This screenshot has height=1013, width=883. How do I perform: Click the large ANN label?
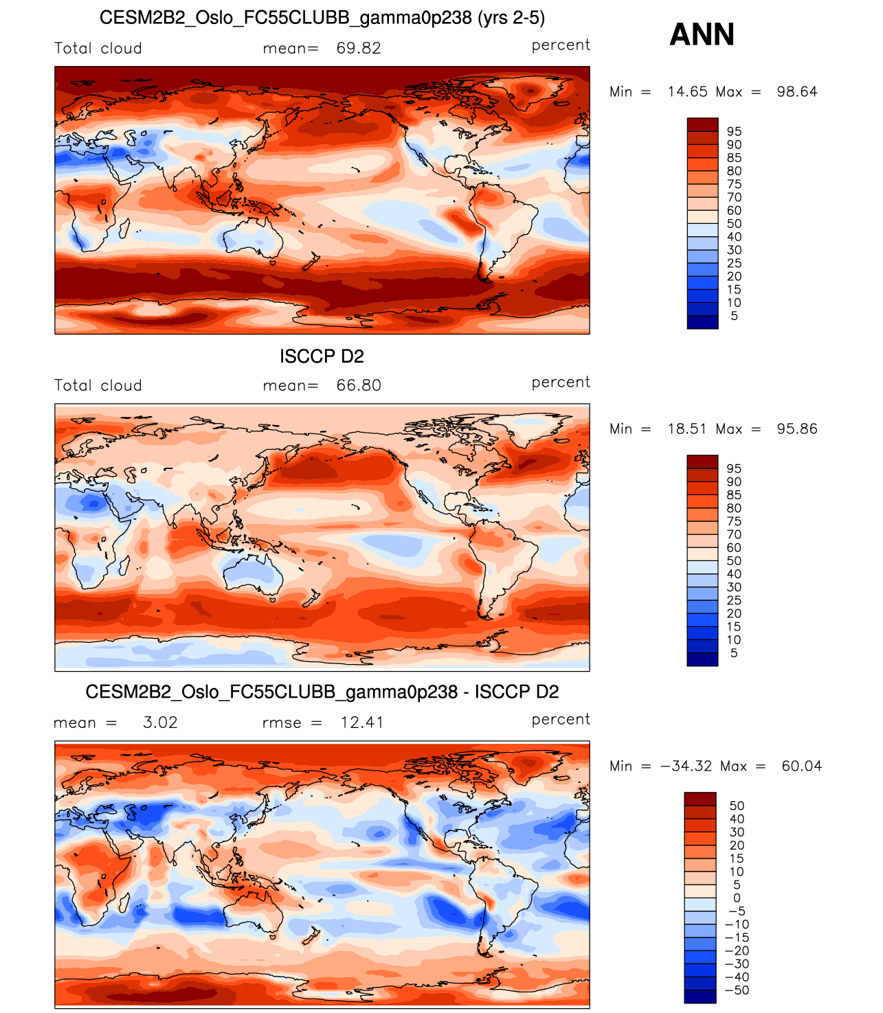pyautogui.click(x=702, y=34)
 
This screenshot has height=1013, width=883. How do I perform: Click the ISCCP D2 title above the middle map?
pyautogui.click(x=322, y=356)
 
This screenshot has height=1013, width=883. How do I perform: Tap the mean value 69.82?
pyautogui.click(x=359, y=48)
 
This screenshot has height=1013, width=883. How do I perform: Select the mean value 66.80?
pyautogui.click(x=359, y=385)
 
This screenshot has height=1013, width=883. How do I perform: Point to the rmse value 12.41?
pyautogui.click(x=362, y=722)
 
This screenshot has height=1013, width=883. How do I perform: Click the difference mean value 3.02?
pyautogui.click(x=160, y=722)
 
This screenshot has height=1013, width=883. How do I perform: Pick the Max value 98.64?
pyautogui.click(x=797, y=91)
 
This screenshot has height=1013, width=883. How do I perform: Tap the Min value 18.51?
pyautogui.click(x=687, y=429)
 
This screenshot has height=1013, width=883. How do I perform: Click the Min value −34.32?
pyautogui.click(x=686, y=766)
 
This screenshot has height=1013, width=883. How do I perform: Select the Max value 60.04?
pyautogui.click(x=801, y=766)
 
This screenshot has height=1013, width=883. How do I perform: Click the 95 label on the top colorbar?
pyautogui.click(x=734, y=131)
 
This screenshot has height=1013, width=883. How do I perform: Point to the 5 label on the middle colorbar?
pyautogui.click(x=734, y=653)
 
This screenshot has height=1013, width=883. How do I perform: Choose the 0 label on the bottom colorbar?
pyautogui.click(x=737, y=898)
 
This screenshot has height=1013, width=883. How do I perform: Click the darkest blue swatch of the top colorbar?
pyautogui.click(x=702, y=322)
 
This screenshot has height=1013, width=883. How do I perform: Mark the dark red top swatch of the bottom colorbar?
pyautogui.click(x=700, y=799)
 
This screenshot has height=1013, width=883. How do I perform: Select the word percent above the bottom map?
pyautogui.click(x=561, y=719)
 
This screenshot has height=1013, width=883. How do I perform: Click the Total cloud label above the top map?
pyautogui.click(x=98, y=48)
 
